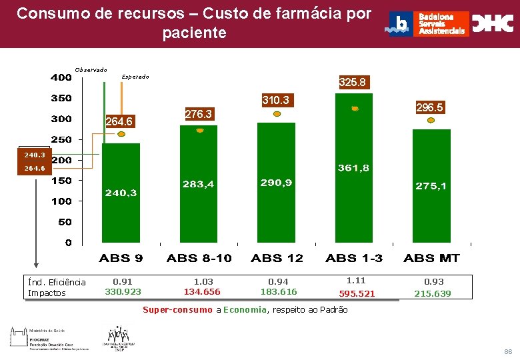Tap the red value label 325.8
(x=352, y=83)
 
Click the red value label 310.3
(x=275, y=101)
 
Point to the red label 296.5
(x=429, y=107)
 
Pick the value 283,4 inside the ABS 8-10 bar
(x=199, y=184)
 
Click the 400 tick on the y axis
(x=62, y=77)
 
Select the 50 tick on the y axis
(x=65, y=222)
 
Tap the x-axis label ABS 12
(x=277, y=258)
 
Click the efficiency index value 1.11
(x=356, y=281)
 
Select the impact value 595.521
(x=357, y=293)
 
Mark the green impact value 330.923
(x=123, y=292)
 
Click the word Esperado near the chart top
(x=135, y=77)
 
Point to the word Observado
(x=91, y=69)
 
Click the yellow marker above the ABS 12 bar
(x=277, y=114)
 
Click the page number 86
(x=508, y=351)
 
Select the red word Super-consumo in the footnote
(x=177, y=310)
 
